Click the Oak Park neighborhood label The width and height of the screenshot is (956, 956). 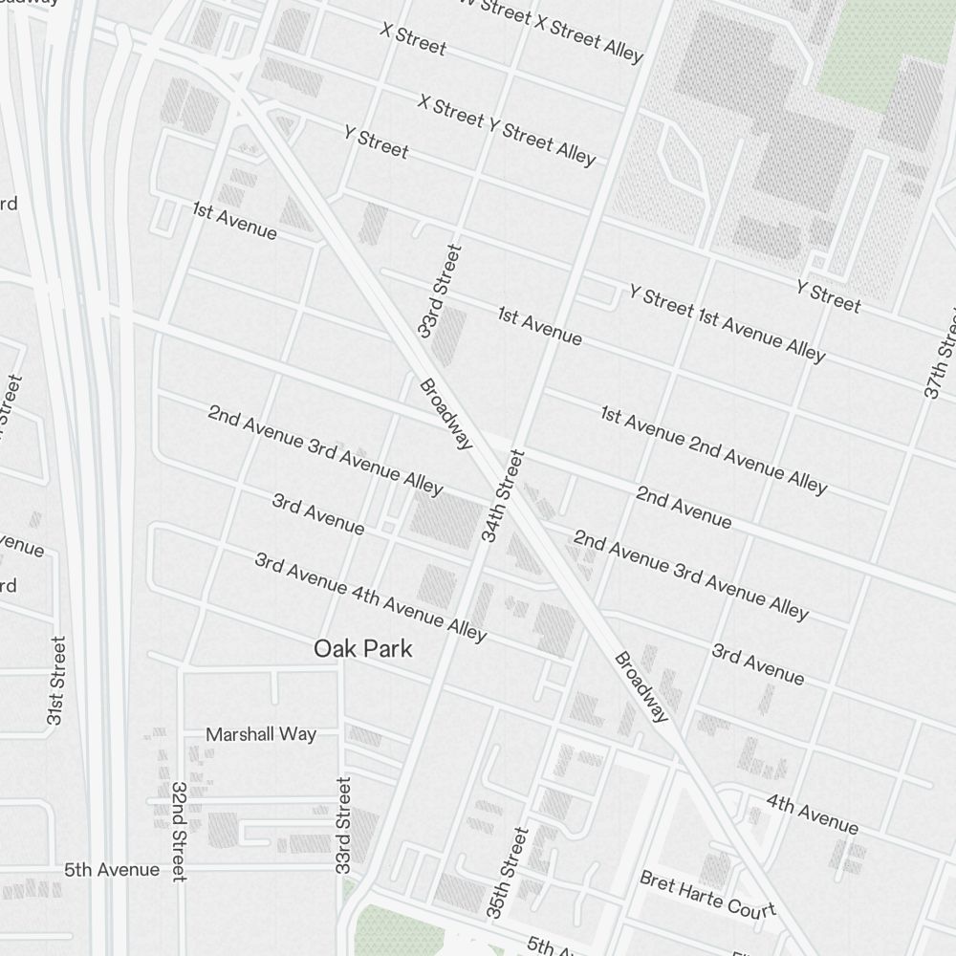tap(363, 649)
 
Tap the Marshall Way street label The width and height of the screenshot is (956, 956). tap(261, 734)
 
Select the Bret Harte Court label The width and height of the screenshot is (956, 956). tap(707, 893)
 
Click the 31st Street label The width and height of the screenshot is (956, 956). tap(56, 680)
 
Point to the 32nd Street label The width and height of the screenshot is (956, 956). tap(178, 831)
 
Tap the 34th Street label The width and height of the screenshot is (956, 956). tap(503, 496)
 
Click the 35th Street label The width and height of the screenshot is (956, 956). tap(508, 873)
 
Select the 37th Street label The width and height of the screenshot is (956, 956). tap(941, 354)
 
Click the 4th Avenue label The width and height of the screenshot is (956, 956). tap(812, 814)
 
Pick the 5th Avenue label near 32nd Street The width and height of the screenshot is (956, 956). tap(112, 870)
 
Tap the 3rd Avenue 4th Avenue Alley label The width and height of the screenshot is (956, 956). tap(371, 597)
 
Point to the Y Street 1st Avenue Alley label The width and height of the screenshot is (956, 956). tap(727, 323)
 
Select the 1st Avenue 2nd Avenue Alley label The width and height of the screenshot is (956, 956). tap(713, 449)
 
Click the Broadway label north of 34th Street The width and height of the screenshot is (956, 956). tap(446, 413)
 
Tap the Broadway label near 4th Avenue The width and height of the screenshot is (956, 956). tap(641, 686)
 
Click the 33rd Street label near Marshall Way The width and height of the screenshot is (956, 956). tap(343, 824)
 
